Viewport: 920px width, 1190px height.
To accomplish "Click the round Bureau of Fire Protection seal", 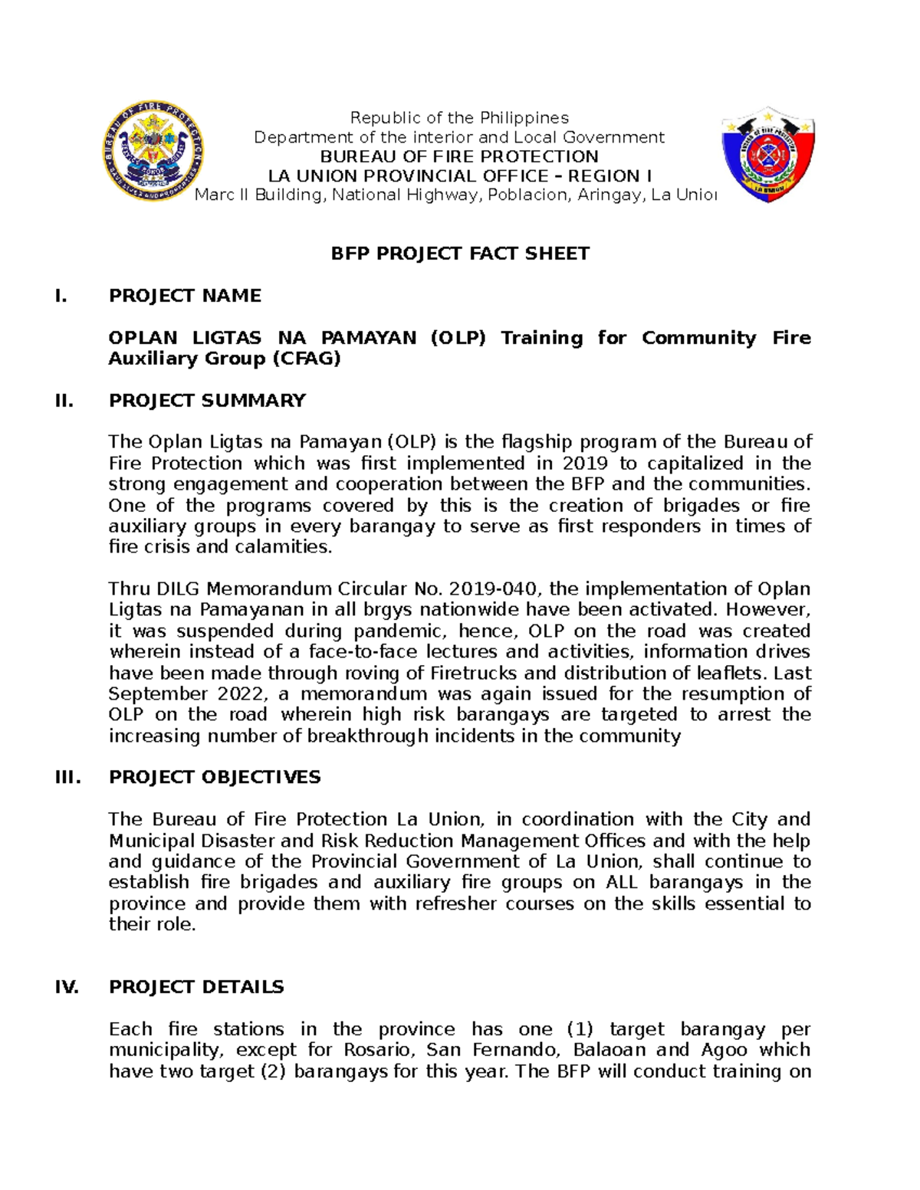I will pyautogui.click(x=154, y=151).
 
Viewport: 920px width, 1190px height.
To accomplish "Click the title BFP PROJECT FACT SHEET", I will pyautogui.click(x=460, y=254).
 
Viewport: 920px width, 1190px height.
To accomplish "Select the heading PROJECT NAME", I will pyautogui.click(x=185, y=296).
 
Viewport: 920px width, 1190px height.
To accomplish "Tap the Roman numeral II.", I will pyautogui.click(x=64, y=401).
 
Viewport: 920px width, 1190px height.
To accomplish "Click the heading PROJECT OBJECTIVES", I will pyautogui.click(x=215, y=777).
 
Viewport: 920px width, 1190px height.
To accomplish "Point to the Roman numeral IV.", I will pyautogui.click(x=67, y=987).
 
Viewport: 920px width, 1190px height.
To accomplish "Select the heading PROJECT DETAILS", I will pyautogui.click(x=196, y=987).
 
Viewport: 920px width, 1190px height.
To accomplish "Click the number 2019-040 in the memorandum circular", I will pyautogui.click(x=495, y=589).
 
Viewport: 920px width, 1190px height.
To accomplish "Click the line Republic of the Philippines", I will pyautogui.click(x=459, y=118).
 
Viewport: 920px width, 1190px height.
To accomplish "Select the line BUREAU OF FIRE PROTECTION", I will pyautogui.click(x=459, y=156).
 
